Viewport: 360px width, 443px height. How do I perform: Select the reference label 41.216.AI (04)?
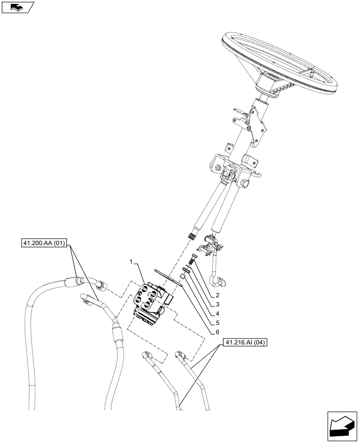coord(245,342)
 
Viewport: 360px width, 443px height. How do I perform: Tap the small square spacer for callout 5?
coord(182,277)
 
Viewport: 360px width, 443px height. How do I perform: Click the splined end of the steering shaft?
coord(193,236)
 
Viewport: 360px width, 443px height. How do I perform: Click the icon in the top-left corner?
coord(17,7)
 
